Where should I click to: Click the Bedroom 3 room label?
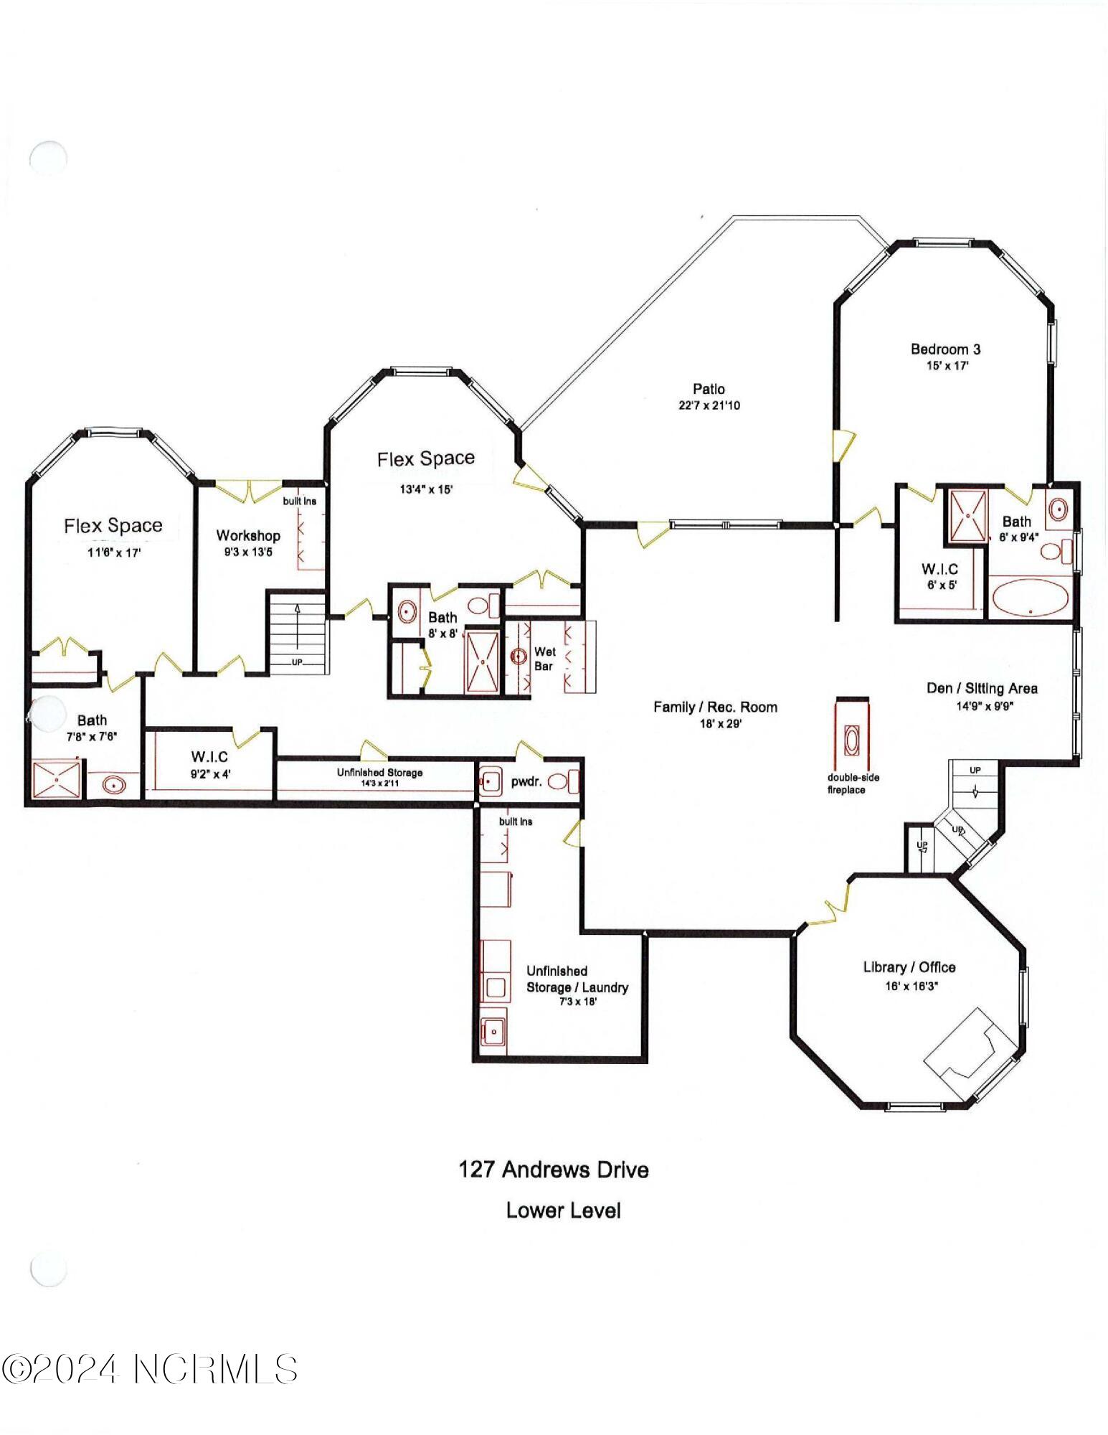pyautogui.click(x=945, y=349)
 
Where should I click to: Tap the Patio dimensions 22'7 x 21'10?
pyautogui.click(x=709, y=405)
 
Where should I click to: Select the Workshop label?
pyautogui.click(x=248, y=535)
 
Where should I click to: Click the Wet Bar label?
pyautogui.click(x=544, y=659)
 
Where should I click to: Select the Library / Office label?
pyautogui.click(x=909, y=967)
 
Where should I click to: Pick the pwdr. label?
pyautogui.click(x=525, y=782)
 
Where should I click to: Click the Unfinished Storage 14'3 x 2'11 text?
pyautogui.click(x=379, y=778)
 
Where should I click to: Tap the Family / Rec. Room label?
pyautogui.click(x=715, y=707)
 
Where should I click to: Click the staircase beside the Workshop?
pyautogui.click(x=297, y=632)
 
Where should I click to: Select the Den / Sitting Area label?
pyautogui.click(x=982, y=688)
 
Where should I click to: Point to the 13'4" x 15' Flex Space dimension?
pyautogui.click(x=426, y=490)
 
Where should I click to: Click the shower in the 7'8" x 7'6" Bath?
pyautogui.click(x=56, y=779)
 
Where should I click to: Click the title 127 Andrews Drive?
pyautogui.click(x=554, y=1170)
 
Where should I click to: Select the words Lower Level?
pyautogui.click(x=563, y=1210)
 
